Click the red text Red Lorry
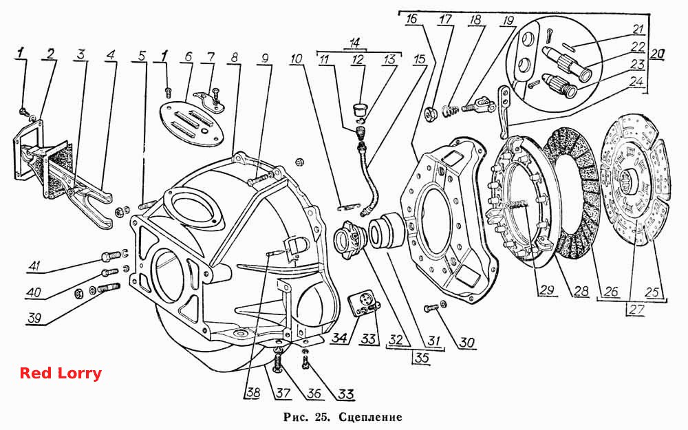point(61,373)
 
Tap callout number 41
point(34,266)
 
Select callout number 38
point(252,393)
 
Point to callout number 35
point(422,358)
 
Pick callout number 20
point(657,54)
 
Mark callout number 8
point(235,57)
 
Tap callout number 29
point(547,290)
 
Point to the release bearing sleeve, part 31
point(388,230)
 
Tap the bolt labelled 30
point(430,308)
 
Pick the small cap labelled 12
point(361,109)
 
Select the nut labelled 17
point(429,114)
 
